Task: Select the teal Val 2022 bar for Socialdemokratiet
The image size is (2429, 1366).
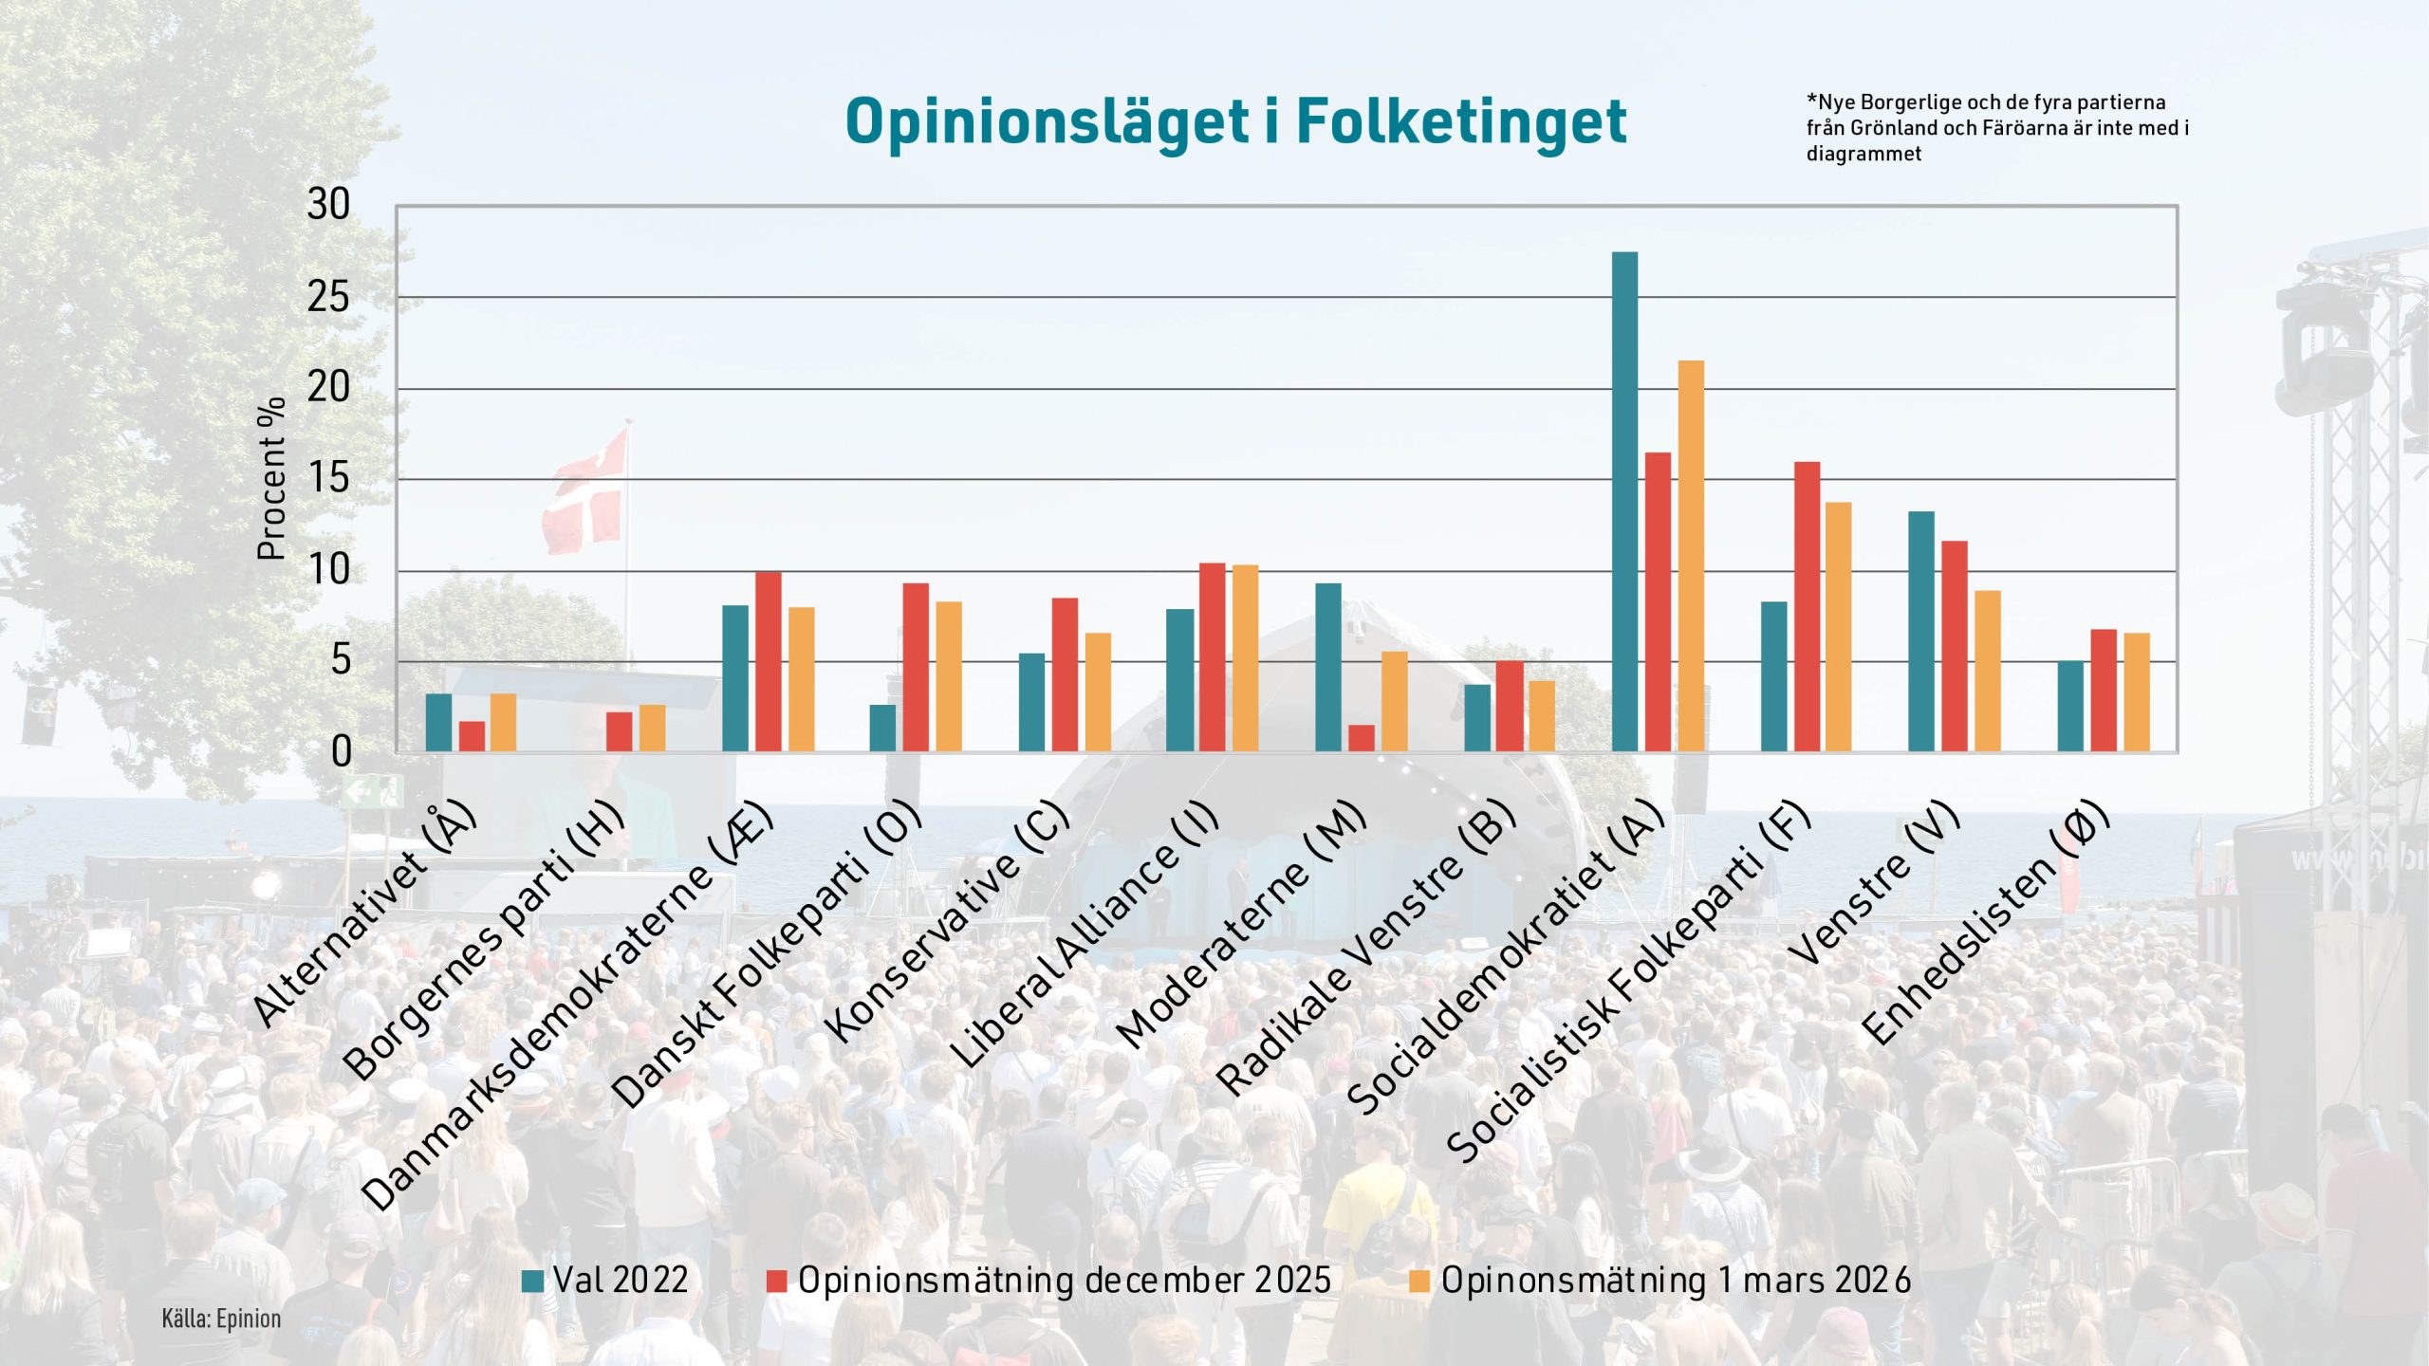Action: pos(1624,503)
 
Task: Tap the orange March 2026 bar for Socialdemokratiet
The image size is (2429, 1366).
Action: pos(1691,557)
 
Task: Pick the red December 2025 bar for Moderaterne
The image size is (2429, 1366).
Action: pos(1362,739)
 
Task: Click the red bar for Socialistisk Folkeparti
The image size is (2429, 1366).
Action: pos(1807,607)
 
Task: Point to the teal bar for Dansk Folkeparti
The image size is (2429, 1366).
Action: pos(882,729)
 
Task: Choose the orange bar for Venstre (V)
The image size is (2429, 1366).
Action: pos(1988,672)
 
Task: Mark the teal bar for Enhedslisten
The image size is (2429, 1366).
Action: pos(2070,707)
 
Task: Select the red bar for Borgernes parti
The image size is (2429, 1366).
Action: pos(619,732)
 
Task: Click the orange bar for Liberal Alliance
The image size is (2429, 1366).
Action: pos(1245,659)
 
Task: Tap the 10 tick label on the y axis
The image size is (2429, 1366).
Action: pos(328,571)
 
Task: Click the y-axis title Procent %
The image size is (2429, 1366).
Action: pos(271,479)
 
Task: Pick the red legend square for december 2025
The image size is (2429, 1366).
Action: pos(777,1282)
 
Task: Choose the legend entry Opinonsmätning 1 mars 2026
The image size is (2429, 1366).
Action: pos(1660,1281)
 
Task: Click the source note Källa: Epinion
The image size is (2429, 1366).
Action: pos(221,1320)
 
